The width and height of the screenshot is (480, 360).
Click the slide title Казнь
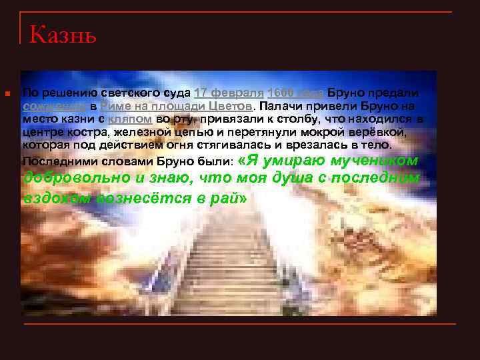click(63, 33)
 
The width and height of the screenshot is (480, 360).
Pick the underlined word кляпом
click(131, 119)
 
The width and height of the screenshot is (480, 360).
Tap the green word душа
click(269, 179)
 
